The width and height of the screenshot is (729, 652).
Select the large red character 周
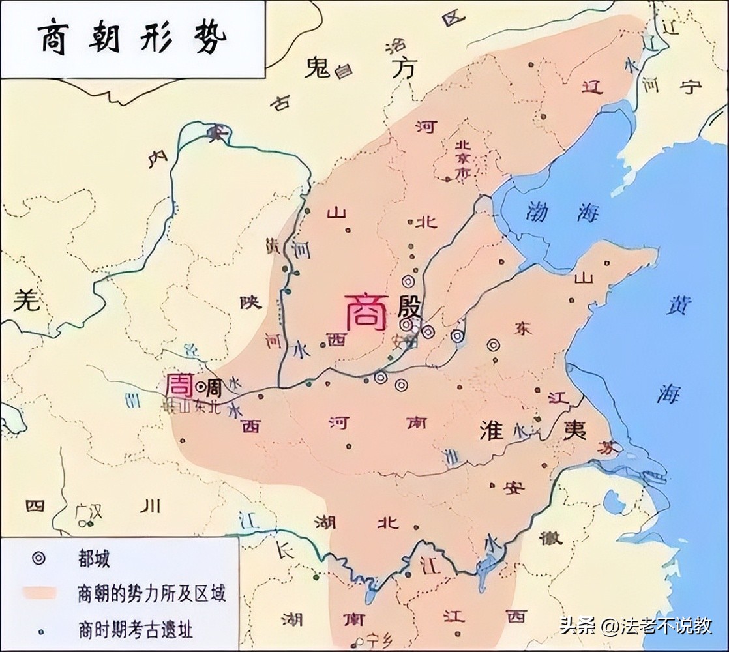179,385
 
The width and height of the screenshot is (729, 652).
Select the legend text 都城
93,559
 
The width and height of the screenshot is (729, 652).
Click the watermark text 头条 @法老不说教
635,626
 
